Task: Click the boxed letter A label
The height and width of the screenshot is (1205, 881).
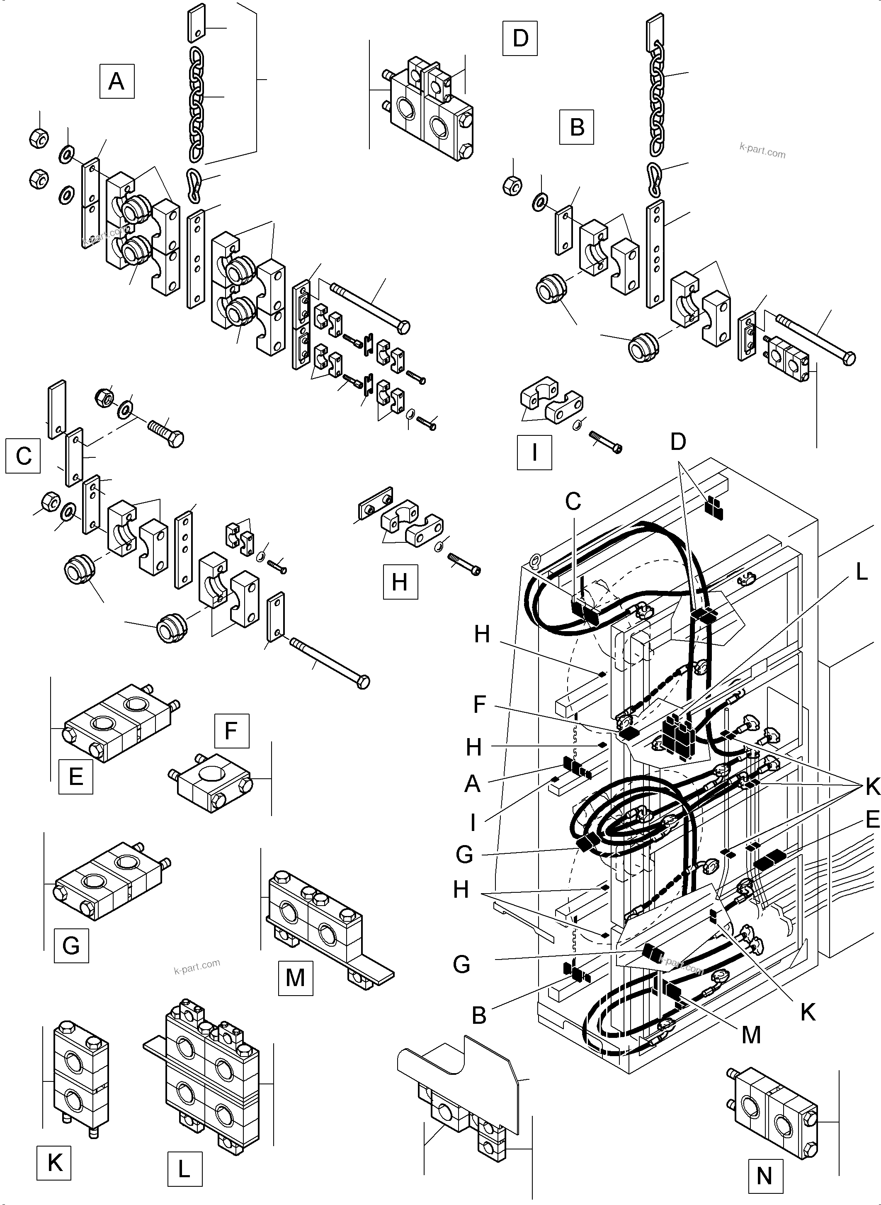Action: pyautogui.click(x=117, y=82)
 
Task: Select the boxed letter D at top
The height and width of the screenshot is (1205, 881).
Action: pyautogui.click(x=520, y=39)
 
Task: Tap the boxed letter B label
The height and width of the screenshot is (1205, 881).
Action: pyautogui.click(x=577, y=127)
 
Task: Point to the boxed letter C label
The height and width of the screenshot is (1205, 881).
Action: pyautogui.click(x=23, y=456)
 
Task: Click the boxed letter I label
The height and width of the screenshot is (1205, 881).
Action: pyautogui.click(x=534, y=452)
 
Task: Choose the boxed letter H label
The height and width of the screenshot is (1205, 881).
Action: pyautogui.click(x=400, y=582)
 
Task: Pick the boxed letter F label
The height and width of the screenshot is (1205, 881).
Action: pyautogui.click(x=231, y=730)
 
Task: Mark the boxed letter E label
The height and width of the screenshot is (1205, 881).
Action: pyautogui.click(x=76, y=777)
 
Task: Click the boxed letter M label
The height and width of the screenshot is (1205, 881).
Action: pyautogui.click(x=296, y=978)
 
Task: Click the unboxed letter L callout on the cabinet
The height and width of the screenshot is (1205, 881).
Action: pyautogui.click(x=861, y=572)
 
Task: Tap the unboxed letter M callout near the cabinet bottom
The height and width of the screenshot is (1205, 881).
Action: pyautogui.click(x=751, y=1035)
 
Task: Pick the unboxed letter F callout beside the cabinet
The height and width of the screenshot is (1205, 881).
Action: pyautogui.click(x=479, y=704)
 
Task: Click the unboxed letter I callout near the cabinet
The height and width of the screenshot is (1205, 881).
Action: pyautogui.click(x=473, y=824)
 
